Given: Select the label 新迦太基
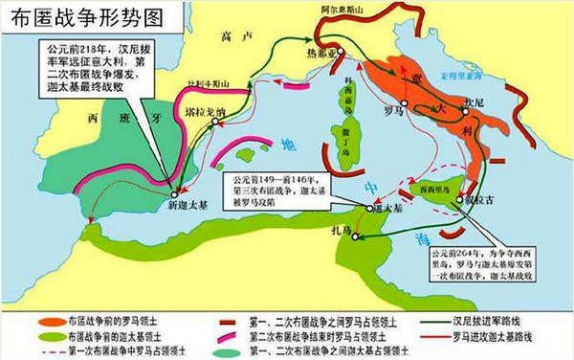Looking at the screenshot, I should pos(173,209).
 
